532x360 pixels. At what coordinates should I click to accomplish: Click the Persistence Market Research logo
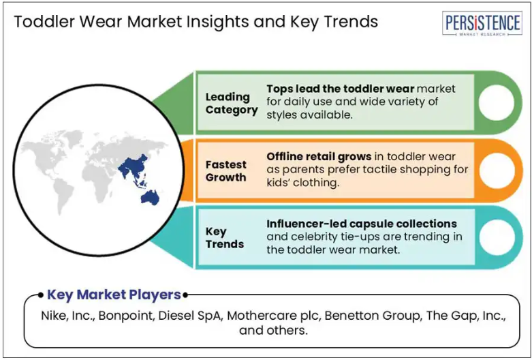coord(482,23)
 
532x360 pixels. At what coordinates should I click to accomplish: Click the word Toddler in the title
coord(44,22)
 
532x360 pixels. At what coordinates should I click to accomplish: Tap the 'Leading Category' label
coord(232,103)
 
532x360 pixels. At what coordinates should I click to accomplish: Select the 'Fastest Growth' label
coord(226,171)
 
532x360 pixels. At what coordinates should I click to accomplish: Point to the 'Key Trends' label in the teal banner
coord(225,238)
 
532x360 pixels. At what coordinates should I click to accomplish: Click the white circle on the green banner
coord(497,102)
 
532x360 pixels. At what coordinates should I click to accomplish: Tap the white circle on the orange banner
coord(497,170)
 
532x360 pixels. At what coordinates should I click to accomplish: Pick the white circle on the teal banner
coord(497,237)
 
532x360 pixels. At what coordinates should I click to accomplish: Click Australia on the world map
coord(150,197)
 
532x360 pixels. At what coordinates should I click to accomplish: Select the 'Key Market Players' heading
coord(114,295)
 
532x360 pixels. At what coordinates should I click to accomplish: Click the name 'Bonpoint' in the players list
coord(126,316)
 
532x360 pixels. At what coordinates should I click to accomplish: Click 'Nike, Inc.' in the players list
coord(67,316)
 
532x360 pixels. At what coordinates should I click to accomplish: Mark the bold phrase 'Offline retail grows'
coord(319,157)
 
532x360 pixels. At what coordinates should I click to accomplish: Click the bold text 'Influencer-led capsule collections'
coord(362,224)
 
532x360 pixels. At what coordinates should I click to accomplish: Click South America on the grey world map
coord(63,194)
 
